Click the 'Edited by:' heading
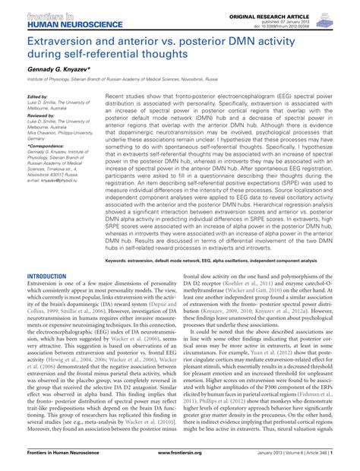pos(37,97)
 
